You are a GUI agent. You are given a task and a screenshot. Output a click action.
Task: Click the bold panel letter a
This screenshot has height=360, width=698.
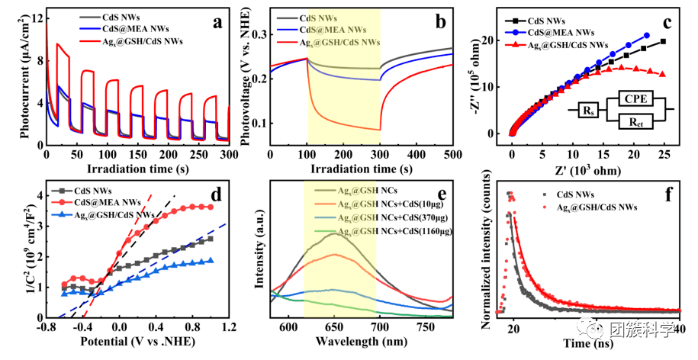(217, 22)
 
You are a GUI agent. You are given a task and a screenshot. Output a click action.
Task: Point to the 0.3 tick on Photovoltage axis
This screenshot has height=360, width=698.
(259, 34)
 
